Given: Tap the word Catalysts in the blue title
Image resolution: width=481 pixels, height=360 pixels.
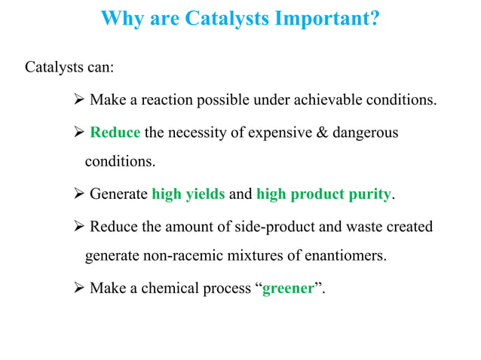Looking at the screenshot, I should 210,17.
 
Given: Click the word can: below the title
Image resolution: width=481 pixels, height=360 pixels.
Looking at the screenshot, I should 100,67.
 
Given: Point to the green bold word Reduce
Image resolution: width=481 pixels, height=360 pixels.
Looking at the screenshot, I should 115,133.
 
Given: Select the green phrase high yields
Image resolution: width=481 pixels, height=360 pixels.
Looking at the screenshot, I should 188,194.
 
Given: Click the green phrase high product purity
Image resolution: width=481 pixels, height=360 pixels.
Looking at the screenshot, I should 324,194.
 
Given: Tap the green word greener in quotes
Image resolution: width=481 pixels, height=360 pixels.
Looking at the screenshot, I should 287,288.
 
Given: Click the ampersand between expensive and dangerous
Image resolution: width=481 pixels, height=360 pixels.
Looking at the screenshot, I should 314,133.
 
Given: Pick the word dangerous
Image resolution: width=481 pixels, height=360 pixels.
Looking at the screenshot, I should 361,133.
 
